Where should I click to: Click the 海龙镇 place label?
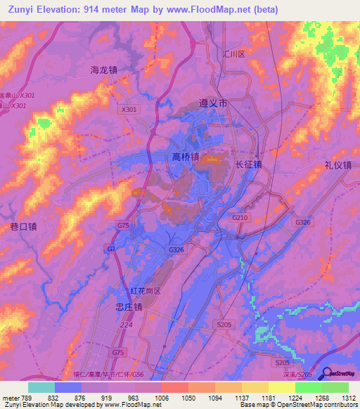[103, 70]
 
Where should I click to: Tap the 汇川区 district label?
[232, 54]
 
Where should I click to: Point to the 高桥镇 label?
[186, 157]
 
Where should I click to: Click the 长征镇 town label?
[248, 164]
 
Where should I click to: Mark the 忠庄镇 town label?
[129, 307]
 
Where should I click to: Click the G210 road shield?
[240, 219]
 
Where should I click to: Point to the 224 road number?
[127, 325]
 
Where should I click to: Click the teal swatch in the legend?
[41, 387]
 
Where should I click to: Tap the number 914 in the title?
[93, 10]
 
